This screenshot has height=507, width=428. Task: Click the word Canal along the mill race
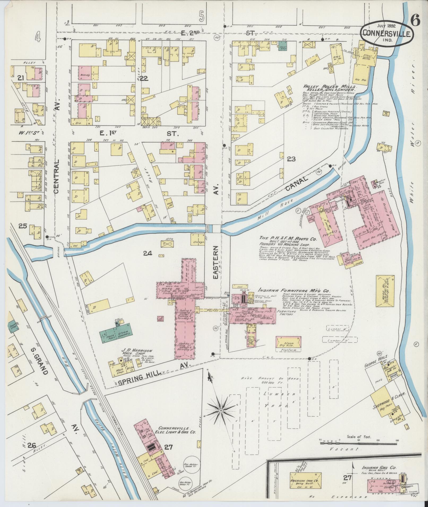297,183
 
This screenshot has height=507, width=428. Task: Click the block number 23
291,159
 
